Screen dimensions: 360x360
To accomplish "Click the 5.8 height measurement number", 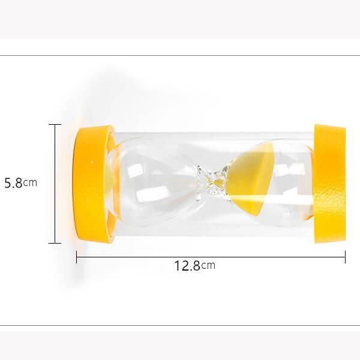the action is (13, 183).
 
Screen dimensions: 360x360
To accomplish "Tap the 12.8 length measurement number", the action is (187, 266).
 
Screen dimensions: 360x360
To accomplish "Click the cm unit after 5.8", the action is (30, 183).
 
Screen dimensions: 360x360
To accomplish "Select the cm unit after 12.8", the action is (208, 266).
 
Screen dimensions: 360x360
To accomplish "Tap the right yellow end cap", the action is (329, 184).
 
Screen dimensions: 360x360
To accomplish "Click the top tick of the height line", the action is (55, 124).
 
